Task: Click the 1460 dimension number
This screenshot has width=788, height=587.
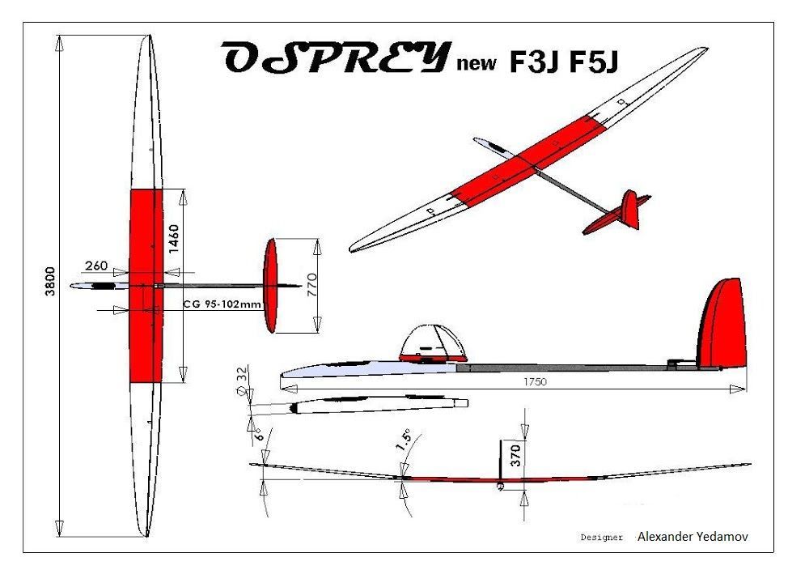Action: (x=174, y=239)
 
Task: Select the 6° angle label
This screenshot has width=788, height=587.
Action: (x=258, y=432)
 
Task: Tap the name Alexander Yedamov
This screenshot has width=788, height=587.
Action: (x=692, y=536)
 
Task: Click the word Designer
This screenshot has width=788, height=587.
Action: (x=602, y=537)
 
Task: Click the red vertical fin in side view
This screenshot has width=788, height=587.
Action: (x=722, y=324)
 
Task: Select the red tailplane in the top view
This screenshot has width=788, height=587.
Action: (x=271, y=285)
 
